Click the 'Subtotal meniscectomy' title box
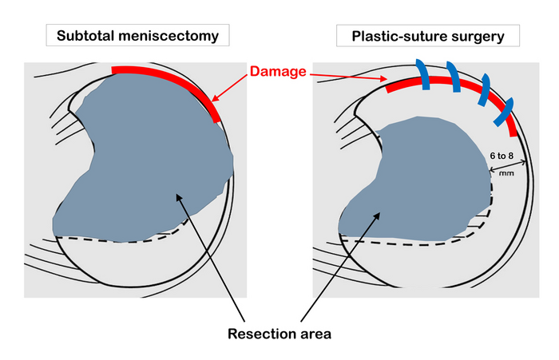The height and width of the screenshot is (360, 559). [137, 35]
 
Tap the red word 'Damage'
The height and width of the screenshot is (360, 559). [278, 72]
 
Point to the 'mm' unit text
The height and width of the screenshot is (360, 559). [505, 171]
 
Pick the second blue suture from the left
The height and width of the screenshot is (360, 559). [454, 77]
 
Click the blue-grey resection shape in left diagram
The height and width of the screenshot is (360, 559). [144, 160]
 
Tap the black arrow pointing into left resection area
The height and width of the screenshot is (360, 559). [212, 255]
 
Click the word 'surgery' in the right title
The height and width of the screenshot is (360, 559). [479, 35]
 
